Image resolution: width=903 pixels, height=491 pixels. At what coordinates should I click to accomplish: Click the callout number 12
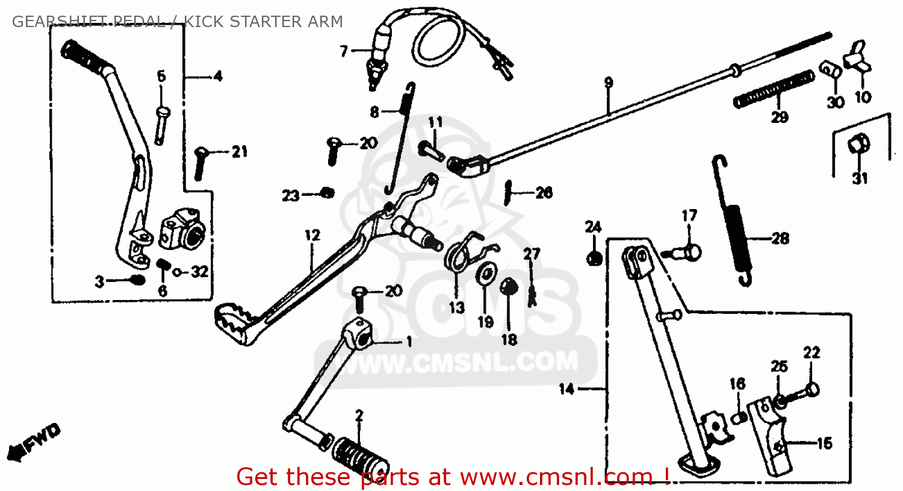[x=312, y=236]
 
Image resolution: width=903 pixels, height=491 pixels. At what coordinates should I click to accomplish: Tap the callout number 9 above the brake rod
[x=608, y=83]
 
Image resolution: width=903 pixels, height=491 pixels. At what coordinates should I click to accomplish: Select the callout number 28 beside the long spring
[x=780, y=239]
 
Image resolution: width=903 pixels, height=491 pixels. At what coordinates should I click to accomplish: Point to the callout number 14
[x=566, y=389]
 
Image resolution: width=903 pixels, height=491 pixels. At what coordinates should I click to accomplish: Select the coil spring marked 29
[x=774, y=90]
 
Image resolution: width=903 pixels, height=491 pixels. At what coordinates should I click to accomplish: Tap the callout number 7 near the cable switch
[x=344, y=51]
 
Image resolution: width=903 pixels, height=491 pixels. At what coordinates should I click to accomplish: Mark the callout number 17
[x=689, y=216]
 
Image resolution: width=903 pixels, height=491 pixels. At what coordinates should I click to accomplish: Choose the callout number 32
[x=199, y=272]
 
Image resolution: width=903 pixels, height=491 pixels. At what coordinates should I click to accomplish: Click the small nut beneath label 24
[x=593, y=258]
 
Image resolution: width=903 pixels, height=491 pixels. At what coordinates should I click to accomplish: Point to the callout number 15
[x=824, y=443]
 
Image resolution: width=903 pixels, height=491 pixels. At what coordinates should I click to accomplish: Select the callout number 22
[x=811, y=352]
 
